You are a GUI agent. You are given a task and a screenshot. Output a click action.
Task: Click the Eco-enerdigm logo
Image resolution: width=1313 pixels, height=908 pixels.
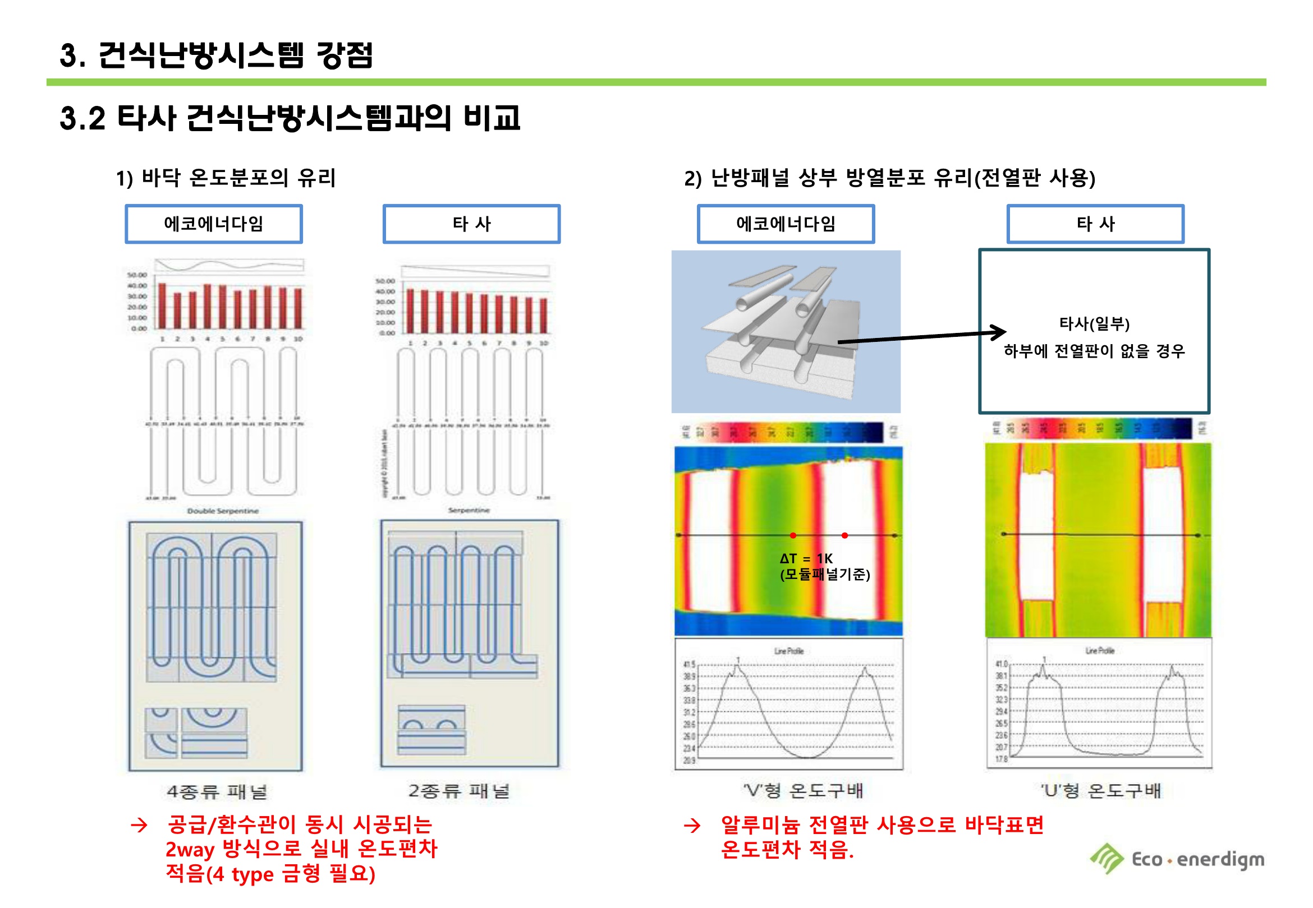pyautogui.click(x=1176, y=859)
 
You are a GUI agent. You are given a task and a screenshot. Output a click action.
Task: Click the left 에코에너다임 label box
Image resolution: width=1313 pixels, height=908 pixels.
pyautogui.click(x=214, y=224)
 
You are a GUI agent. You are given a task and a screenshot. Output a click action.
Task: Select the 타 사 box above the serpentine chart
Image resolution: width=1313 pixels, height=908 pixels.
pyautogui.click(x=471, y=224)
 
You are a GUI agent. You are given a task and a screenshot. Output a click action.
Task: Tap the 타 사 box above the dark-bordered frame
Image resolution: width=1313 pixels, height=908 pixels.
pyautogui.click(x=1095, y=224)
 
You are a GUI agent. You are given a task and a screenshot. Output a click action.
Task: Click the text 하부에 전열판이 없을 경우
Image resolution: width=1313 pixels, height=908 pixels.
pyautogui.click(x=1094, y=351)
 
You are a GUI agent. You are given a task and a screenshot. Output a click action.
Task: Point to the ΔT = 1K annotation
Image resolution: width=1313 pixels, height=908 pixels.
pyautogui.click(x=806, y=559)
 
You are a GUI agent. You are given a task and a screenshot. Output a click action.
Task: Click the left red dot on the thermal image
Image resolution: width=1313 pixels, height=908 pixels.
pyautogui.click(x=793, y=535)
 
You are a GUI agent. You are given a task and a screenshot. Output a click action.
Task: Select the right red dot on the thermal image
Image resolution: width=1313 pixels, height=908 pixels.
pyautogui.click(x=844, y=535)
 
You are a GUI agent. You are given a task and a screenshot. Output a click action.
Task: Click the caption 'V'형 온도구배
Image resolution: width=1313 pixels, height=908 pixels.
pyautogui.click(x=803, y=790)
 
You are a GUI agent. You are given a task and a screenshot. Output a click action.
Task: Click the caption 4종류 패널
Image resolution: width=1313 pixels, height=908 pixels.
pyautogui.click(x=217, y=791)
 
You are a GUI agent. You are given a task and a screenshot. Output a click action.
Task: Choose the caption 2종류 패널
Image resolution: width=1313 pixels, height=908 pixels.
pyautogui.click(x=459, y=791)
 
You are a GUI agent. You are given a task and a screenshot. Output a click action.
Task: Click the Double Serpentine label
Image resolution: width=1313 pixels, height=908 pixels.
pyautogui.click(x=223, y=511)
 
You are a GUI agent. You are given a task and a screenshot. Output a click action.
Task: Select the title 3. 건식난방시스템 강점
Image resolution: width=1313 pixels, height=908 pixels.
pyautogui.click(x=217, y=55)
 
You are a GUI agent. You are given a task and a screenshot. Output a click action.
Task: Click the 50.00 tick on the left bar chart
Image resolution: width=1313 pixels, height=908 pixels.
pyautogui.click(x=137, y=275)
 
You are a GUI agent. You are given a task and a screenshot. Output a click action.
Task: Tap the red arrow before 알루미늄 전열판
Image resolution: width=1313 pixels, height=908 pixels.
pyautogui.click(x=692, y=826)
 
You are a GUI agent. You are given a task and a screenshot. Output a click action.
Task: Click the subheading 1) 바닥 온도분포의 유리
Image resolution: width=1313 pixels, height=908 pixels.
pyautogui.click(x=226, y=178)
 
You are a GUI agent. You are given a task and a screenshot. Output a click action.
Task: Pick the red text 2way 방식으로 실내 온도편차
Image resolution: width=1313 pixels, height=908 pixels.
pyautogui.click(x=301, y=849)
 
